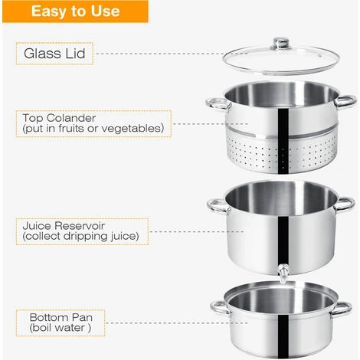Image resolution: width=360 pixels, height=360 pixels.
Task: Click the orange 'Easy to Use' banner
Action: (x=75, y=11)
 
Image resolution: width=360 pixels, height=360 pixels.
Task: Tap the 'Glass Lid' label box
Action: (x=54, y=54)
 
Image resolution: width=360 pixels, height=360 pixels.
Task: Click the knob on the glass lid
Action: (x=281, y=44)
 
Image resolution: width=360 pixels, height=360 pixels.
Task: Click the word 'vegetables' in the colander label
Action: (x=133, y=128)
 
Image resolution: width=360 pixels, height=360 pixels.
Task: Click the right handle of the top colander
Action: (x=345, y=101)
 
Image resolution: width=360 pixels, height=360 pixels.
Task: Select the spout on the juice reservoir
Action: (x=283, y=273)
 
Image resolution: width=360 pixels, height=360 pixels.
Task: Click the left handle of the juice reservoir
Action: (x=218, y=206)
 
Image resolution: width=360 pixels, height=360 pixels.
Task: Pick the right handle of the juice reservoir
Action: (x=345, y=204)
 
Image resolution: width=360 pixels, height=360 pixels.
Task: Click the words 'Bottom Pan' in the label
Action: (x=61, y=317)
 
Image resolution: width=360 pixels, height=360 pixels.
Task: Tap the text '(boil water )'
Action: (x=60, y=328)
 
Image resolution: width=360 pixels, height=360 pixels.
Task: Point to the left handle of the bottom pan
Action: (x=221, y=307)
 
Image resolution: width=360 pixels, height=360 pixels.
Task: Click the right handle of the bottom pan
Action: (x=342, y=309)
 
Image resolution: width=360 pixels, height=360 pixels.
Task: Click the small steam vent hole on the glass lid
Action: (x=319, y=55)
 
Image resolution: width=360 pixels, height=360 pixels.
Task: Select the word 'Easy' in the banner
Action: (x=47, y=11)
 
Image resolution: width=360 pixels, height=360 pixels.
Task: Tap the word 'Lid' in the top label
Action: (x=75, y=54)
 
